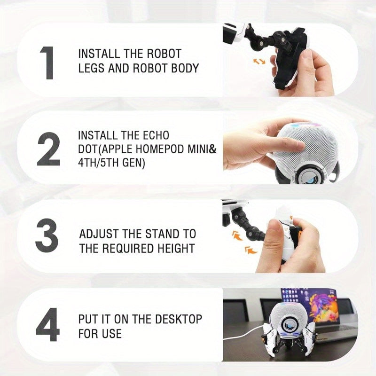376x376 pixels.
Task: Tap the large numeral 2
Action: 48,149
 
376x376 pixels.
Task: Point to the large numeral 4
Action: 48,324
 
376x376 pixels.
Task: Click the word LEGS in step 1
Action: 91,68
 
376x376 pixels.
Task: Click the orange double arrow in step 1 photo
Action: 259,62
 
